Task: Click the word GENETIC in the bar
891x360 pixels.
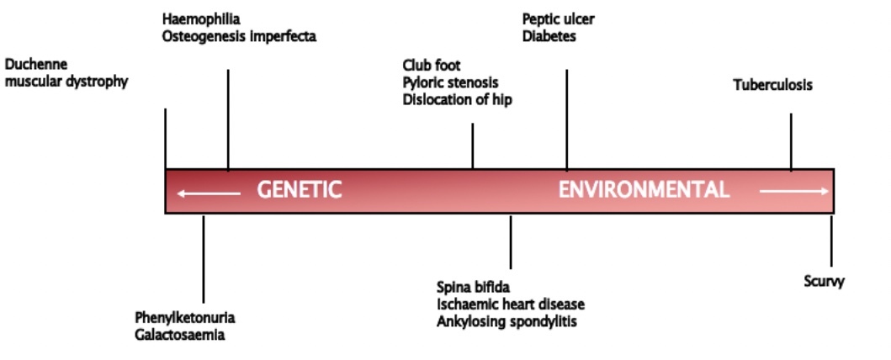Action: pyautogui.click(x=299, y=190)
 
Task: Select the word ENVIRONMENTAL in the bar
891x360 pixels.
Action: pyautogui.click(x=644, y=190)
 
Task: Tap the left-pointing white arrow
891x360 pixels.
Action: pyautogui.click(x=209, y=193)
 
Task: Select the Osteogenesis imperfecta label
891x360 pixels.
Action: pyautogui.click(x=240, y=36)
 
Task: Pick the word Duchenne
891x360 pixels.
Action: pyautogui.click(x=36, y=64)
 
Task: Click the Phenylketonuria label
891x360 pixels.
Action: pyautogui.click(x=184, y=319)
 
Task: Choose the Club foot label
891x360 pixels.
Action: pyautogui.click(x=432, y=66)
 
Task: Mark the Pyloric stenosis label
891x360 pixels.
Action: pyautogui.click(x=450, y=82)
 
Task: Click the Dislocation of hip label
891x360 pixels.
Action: pyautogui.click(x=457, y=99)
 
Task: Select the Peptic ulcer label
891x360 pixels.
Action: pyautogui.click(x=558, y=19)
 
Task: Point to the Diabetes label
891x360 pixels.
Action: pyautogui.click(x=549, y=36)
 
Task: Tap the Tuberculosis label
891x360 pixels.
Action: pyautogui.click(x=772, y=85)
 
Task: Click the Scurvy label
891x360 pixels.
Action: pyautogui.click(x=824, y=282)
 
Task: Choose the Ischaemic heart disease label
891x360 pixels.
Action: pyautogui.click(x=511, y=304)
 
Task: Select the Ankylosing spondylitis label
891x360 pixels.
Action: pyautogui.click(x=506, y=320)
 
